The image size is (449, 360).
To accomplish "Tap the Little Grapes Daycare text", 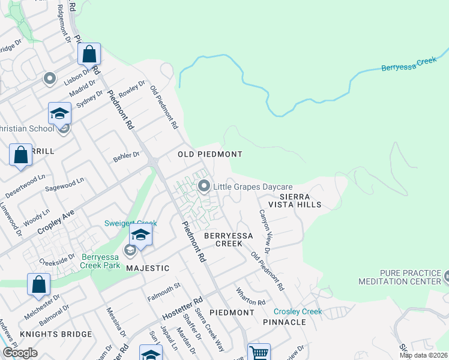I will point(253,187).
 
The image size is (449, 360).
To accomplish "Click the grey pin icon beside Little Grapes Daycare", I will point(204,187).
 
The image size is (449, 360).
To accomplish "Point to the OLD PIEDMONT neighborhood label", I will point(209,154).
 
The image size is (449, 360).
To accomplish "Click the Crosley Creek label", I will point(298,311).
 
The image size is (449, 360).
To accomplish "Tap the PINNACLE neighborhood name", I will point(284,322).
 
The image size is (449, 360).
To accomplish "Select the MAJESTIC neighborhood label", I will point(148,268).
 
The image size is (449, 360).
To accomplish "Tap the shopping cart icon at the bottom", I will point(259,353).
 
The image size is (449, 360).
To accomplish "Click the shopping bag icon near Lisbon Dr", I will point(89,55).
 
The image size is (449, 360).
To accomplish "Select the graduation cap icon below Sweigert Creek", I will point(140,235).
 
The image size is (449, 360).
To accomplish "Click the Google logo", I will point(20,353).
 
